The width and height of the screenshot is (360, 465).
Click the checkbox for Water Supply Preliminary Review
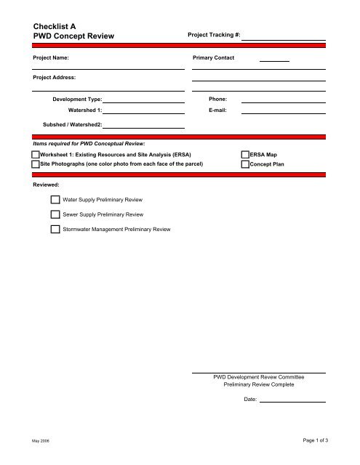(x=55, y=199)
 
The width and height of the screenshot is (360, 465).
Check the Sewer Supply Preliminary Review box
(x=55, y=214)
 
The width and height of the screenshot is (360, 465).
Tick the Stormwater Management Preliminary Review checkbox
(x=55, y=230)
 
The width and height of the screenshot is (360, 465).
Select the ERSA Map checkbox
(x=244, y=155)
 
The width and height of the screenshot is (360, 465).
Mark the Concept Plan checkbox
(x=244, y=165)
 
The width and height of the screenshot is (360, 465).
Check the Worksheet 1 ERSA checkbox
(x=36, y=155)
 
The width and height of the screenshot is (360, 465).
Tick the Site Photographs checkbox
(x=36, y=165)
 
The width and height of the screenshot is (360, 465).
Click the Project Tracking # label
(x=215, y=35)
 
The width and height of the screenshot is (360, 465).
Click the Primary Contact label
(x=213, y=57)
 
